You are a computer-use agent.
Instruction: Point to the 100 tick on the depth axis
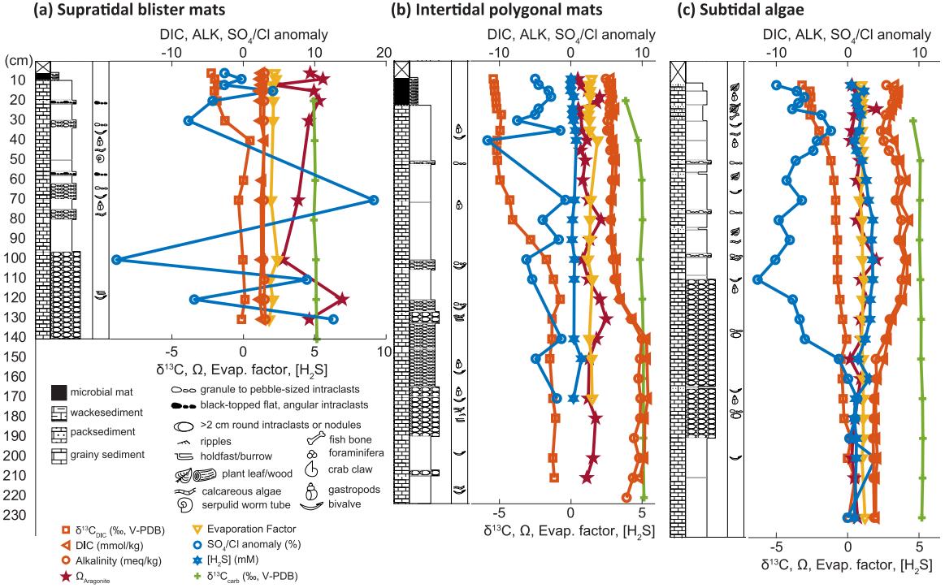click(x=15, y=259)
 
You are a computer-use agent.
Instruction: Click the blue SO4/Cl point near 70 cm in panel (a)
click(x=373, y=200)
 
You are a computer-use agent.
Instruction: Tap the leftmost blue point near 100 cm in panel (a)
click(x=117, y=259)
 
